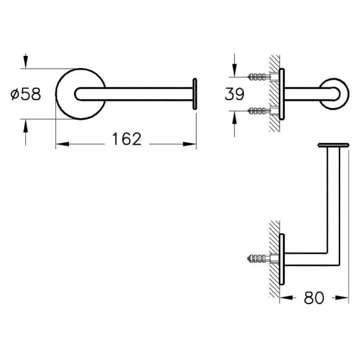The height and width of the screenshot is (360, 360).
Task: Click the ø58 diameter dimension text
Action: pyautogui.click(x=26, y=94)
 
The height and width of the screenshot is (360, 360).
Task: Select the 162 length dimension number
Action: pyautogui.click(x=127, y=139)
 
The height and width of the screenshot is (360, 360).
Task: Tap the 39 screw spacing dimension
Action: pyautogui.click(x=235, y=94)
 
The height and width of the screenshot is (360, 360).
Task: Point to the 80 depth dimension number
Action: pyautogui.click(x=314, y=298)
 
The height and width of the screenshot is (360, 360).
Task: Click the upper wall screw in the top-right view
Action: pyautogui.click(x=259, y=77)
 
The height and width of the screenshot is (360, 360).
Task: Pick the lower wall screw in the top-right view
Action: pyautogui.click(x=259, y=111)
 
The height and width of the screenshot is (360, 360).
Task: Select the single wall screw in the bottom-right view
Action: pyautogui.click(x=259, y=259)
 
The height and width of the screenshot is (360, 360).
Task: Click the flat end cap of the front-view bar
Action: pyautogui.click(x=194, y=94)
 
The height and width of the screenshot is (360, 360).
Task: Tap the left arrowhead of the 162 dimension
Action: pyautogui.click(x=62, y=144)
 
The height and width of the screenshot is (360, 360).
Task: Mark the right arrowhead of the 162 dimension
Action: pyautogui.click(x=190, y=144)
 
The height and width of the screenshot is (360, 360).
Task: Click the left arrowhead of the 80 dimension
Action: pyautogui.click(x=286, y=298)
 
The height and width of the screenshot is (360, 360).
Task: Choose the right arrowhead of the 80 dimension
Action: pyautogui.click(x=342, y=298)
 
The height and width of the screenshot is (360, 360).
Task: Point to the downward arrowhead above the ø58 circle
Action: pyautogui.click(x=25, y=62)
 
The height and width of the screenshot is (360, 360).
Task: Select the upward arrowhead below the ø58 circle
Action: pyautogui.click(x=25, y=126)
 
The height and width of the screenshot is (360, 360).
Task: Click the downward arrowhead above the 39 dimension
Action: pyautogui.click(x=234, y=70)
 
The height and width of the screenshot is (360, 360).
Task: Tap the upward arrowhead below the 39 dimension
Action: pyautogui.click(x=234, y=118)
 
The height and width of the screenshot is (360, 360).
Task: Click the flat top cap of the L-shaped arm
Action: pyautogui.click(x=334, y=145)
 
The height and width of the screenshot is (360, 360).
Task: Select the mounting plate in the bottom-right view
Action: pyautogui.click(x=282, y=259)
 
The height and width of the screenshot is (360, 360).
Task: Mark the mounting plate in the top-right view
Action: pyautogui.click(x=282, y=94)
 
